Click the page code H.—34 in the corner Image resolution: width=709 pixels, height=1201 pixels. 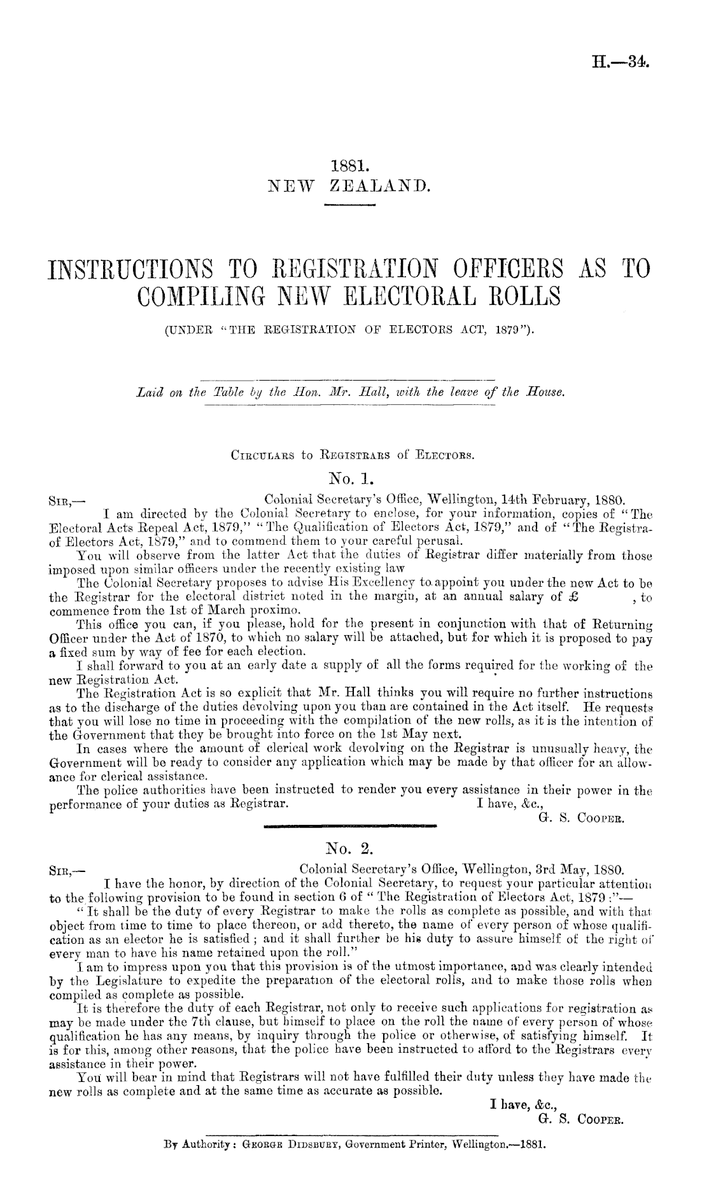click(x=624, y=62)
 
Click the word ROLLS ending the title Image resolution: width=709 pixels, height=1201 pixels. click(x=523, y=297)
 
